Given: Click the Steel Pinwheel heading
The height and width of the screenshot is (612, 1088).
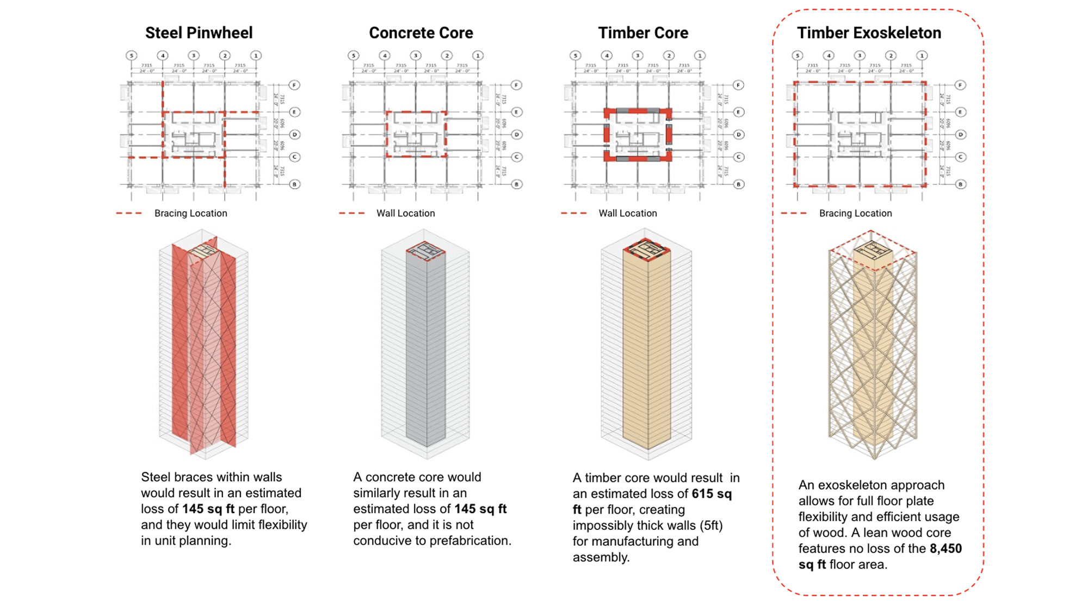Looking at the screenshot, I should pos(199,33).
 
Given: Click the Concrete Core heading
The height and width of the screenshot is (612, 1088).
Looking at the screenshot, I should pos(421,33).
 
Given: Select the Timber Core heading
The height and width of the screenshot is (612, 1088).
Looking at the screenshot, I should pos(643,33).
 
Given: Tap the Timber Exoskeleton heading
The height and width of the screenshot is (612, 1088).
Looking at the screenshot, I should pos(869,33).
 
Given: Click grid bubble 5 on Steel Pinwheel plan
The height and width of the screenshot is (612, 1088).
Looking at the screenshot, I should pos(131,55).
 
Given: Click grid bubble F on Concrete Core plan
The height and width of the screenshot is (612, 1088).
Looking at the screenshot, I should pos(516,85).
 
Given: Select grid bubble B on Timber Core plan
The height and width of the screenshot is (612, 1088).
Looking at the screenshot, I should pos(738,184).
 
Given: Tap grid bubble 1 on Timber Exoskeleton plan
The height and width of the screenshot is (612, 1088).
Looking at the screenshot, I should pos(922,55).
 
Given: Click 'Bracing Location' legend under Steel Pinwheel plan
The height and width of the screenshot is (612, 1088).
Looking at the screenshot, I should pos(190,213).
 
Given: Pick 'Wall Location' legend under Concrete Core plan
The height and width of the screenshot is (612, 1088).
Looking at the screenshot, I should pos(405,213).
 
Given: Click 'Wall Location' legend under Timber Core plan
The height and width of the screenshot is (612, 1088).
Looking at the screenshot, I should pos(627,213).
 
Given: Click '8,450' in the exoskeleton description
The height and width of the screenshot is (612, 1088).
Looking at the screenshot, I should pos(945,548).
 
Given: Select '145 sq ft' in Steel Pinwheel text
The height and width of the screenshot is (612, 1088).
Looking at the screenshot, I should pos(208,509).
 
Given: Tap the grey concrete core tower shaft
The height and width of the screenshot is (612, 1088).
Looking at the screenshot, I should pos(425,348).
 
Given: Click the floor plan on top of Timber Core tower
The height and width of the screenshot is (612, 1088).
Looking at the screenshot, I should pos(647,250).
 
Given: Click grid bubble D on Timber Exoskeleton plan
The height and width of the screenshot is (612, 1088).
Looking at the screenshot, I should pos(960,134).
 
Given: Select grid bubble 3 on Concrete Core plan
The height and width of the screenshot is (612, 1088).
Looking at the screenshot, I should pos(416,55).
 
